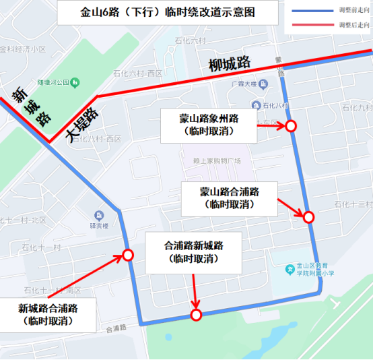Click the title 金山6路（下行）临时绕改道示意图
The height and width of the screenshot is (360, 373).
point(159,13)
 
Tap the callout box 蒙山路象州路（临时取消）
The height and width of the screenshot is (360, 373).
point(209,125)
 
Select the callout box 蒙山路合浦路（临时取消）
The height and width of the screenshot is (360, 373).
point(229,196)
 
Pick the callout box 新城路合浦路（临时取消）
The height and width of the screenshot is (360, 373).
point(48,315)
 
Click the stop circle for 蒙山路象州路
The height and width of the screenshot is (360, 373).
point(291,126)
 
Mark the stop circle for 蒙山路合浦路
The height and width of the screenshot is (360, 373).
point(308,216)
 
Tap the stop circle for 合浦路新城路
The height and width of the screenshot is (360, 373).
point(196,314)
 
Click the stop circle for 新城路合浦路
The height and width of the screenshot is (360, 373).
point(127,255)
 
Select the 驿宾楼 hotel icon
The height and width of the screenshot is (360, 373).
point(100,215)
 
